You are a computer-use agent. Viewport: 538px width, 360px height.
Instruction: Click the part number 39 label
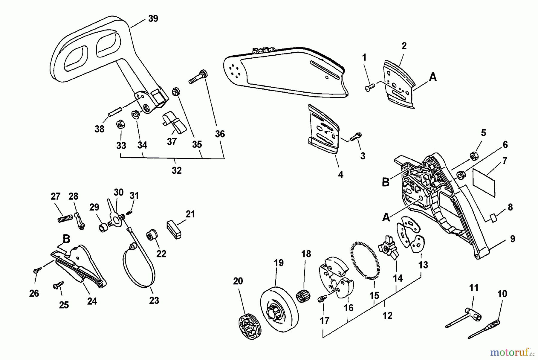pyautogui.click(x=153, y=19)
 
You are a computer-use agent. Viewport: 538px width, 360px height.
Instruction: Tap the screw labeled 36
pyautogui.click(x=198, y=77)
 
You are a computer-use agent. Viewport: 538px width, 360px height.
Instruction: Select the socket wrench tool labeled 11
pyautogui.click(x=462, y=318)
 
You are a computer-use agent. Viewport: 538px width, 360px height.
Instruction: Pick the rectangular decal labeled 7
pyautogui.click(x=484, y=182)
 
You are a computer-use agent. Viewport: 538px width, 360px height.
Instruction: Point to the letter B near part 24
pyautogui.click(x=66, y=239)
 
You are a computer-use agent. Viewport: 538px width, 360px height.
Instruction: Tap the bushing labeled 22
pyautogui.click(x=152, y=235)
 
